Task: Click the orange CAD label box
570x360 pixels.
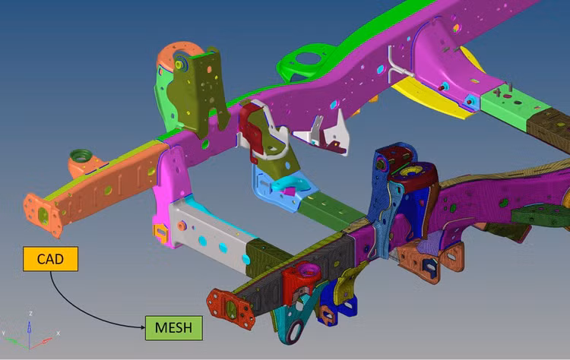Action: pyautogui.click(x=50, y=259)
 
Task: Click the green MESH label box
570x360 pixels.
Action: pyautogui.click(x=174, y=327)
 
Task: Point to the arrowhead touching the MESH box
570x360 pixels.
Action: pyautogui.click(x=143, y=327)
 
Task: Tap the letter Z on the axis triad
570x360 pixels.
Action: pyautogui.click(x=31, y=314)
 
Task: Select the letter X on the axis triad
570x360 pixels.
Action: pyautogui.click(x=59, y=333)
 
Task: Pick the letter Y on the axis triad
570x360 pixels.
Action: pyautogui.click(x=4, y=333)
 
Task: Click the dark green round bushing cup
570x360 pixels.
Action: pyautogui.click(x=79, y=156)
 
